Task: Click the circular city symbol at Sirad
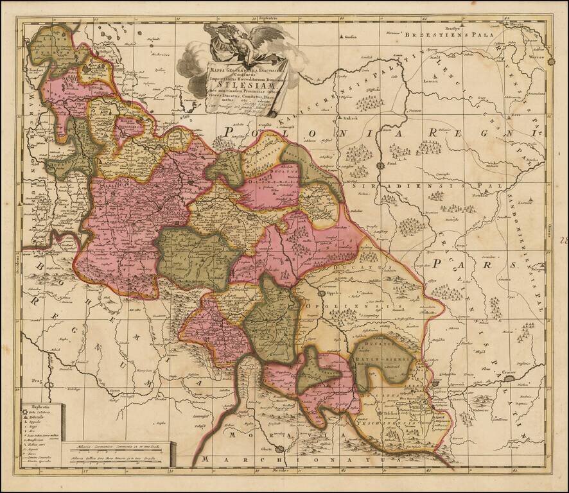[380, 165]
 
